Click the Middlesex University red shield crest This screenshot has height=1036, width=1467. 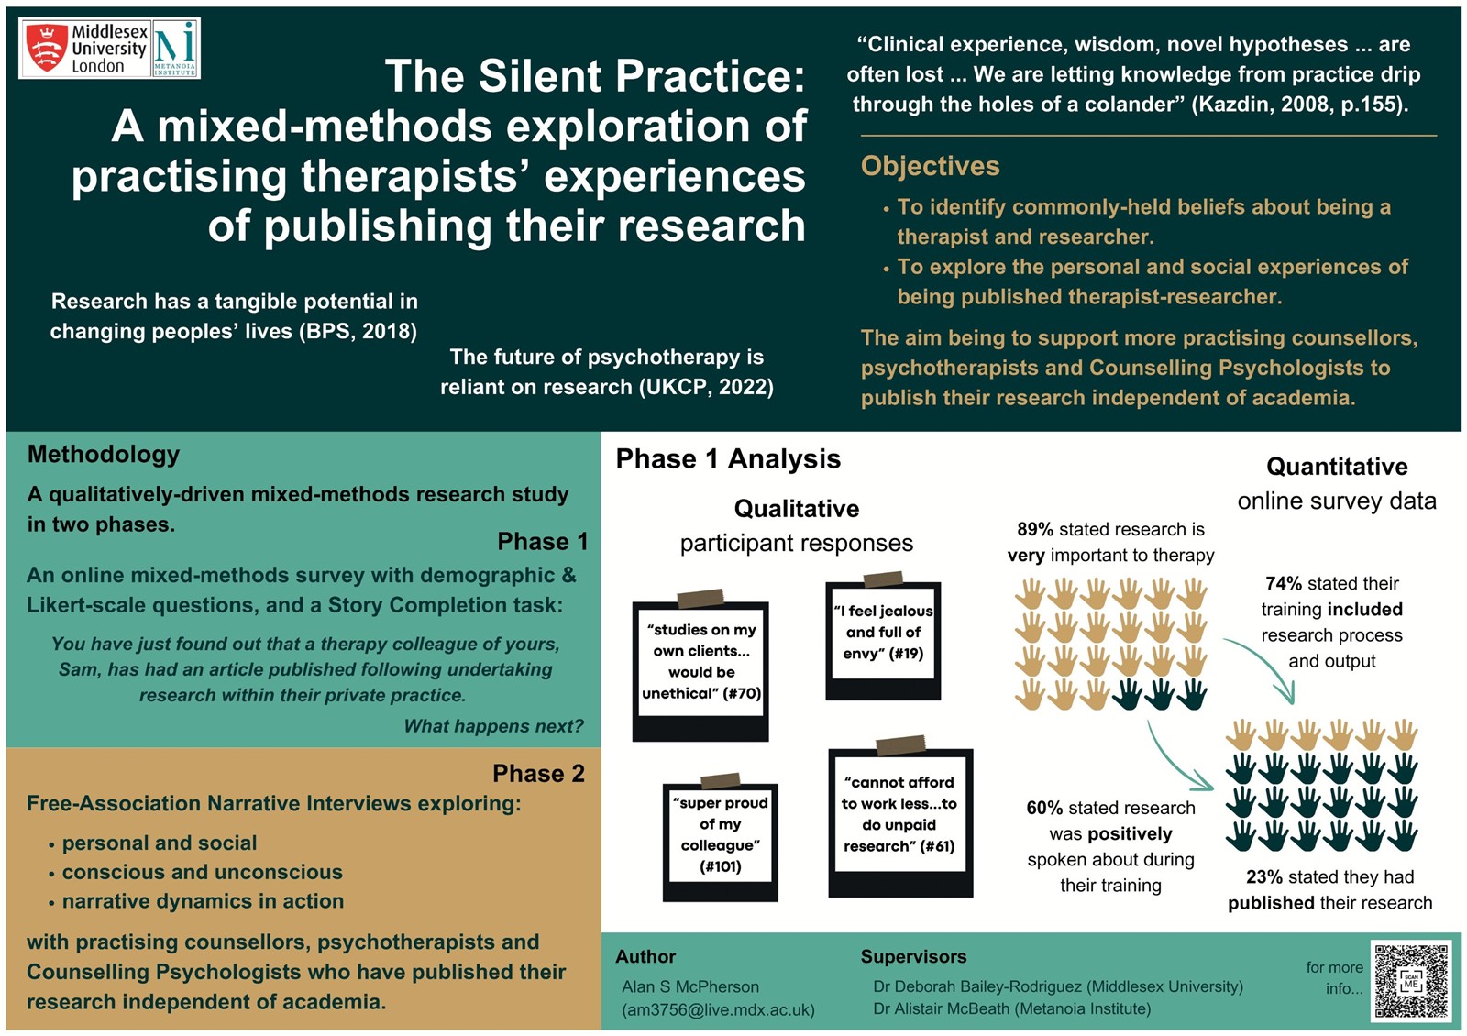click(x=46, y=47)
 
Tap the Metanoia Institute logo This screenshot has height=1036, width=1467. click(x=175, y=49)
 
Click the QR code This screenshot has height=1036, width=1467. click(x=1411, y=980)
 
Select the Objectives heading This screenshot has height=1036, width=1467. click(x=930, y=166)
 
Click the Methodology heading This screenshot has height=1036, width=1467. click(x=104, y=454)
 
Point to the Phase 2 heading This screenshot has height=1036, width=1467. click(x=538, y=774)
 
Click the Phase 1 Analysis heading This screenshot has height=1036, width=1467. click(x=728, y=458)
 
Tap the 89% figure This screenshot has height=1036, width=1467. click(x=1035, y=529)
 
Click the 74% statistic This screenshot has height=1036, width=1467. click(x=1284, y=583)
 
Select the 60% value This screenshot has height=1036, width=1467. click(x=1044, y=808)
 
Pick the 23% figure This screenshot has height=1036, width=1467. click(x=1264, y=876)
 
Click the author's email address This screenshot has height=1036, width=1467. click(x=719, y=1009)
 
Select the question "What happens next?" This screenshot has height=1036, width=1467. click(x=493, y=725)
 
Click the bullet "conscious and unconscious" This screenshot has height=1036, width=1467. click(x=203, y=872)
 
